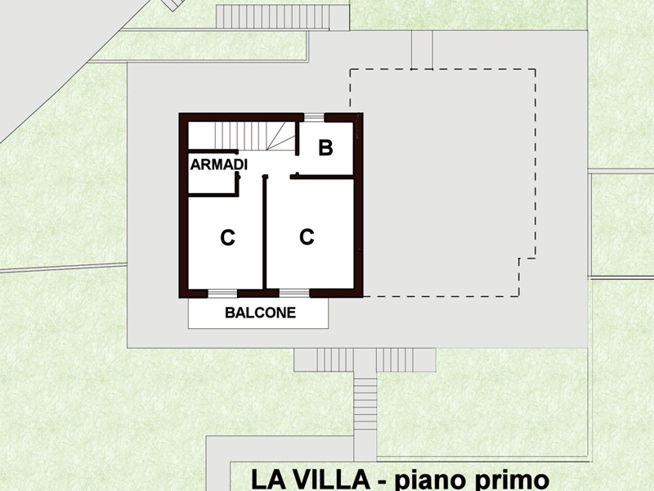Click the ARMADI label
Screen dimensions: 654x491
[x=219, y=164]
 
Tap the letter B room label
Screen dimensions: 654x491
[x=325, y=148]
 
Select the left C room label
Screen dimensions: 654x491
[x=228, y=238]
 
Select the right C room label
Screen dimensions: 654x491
[x=307, y=236]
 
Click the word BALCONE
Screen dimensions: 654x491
[x=260, y=313]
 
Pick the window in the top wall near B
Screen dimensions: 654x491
[x=314, y=117]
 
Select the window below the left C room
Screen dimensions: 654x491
[x=222, y=293]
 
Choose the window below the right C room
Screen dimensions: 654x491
[x=294, y=293]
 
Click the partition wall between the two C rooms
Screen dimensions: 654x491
[x=264, y=232]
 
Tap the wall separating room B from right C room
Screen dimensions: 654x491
[x=322, y=178]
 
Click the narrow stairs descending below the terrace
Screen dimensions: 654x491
[x=365, y=404]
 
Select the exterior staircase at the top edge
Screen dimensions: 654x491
[x=283, y=17]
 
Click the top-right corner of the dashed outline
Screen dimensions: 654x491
[x=535, y=70]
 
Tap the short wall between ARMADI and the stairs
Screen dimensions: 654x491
[x=213, y=151]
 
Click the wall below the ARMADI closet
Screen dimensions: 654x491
[x=213, y=195]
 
